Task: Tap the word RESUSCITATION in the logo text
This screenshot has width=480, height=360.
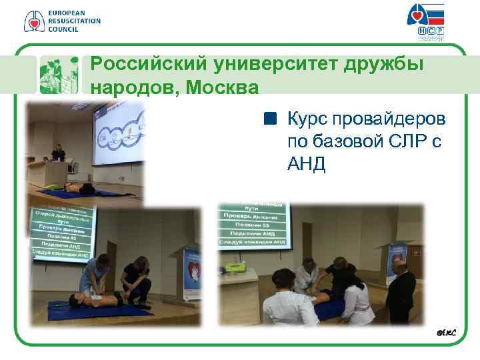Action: click(x=74, y=21)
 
